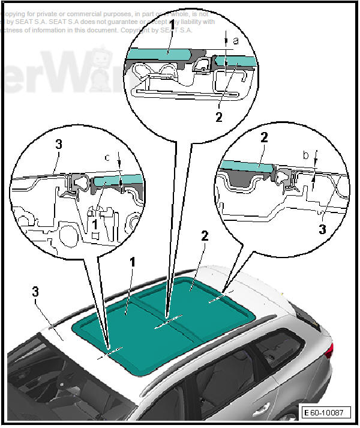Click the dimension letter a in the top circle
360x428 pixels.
235,40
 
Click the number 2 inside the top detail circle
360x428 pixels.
219,116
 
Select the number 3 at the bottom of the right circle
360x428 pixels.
323,228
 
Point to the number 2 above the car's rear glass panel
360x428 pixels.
205,237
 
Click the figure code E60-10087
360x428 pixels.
325,413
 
